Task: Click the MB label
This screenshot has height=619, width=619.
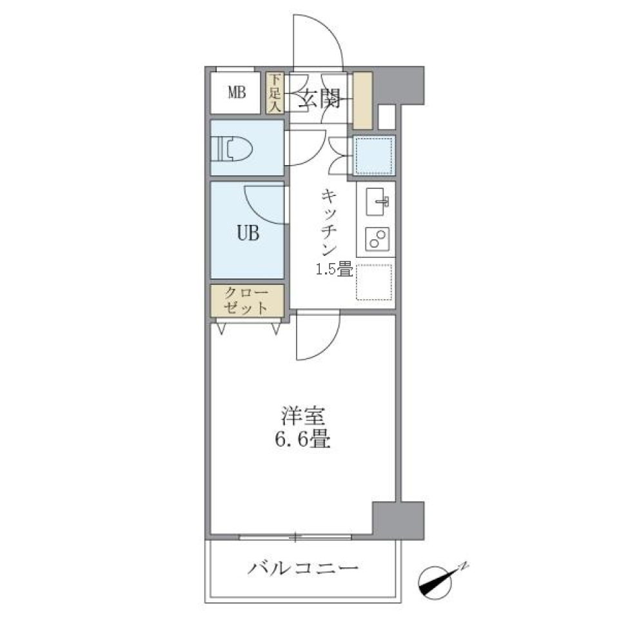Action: tap(236, 92)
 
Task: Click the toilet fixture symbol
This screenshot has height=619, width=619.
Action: tap(232, 149)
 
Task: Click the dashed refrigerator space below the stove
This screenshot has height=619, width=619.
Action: tap(375, 282)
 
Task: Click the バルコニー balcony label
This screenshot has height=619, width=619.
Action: tap(302, 569)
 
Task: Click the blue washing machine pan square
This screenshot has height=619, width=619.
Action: tap(373, 155)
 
